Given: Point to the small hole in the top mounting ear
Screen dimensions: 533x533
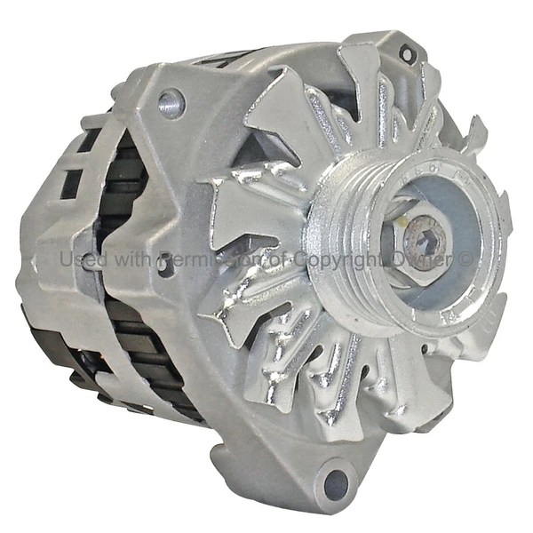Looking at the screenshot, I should click(407, 54).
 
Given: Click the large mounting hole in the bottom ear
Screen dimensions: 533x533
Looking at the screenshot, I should click(337, 482).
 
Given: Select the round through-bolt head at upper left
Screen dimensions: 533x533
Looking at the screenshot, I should click(171, 103).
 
